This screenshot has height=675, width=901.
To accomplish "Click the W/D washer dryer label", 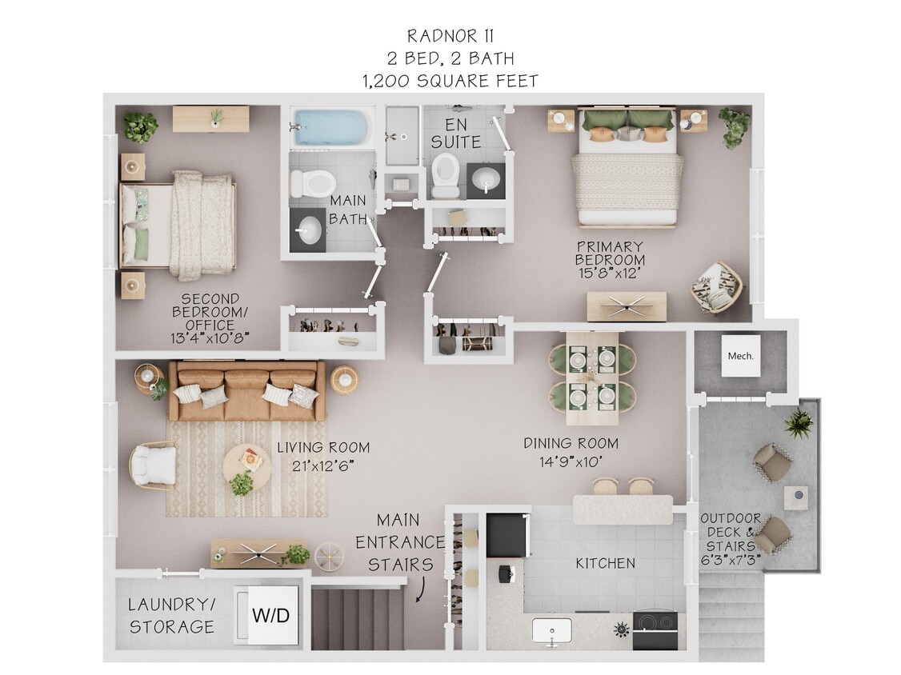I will tap(271, 617).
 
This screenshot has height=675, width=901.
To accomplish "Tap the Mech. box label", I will tap(740, 356).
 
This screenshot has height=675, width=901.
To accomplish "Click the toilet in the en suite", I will tap(446, 176).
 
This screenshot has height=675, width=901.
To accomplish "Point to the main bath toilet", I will tap(306, 182).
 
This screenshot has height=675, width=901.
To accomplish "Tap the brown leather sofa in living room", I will tap(246, 390).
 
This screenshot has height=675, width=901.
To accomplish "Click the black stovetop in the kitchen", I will tap(655, 629).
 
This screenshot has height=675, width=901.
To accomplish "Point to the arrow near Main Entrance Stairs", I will tap(420, 590).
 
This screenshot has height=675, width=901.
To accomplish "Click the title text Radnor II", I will tap(450, 36).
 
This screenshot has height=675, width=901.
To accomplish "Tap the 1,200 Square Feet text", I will tap(450, 81).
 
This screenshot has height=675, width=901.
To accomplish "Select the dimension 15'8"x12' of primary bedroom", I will tap(610, 273).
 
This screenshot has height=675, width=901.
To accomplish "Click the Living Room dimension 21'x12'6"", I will tap(323, 465).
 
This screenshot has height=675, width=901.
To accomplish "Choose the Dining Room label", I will tap(571, 443).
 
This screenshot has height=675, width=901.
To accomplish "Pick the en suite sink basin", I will tap(485, 181).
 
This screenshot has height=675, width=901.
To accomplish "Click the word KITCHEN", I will tap(605, 564).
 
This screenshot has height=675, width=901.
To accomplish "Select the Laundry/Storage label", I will tap(172, 616).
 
